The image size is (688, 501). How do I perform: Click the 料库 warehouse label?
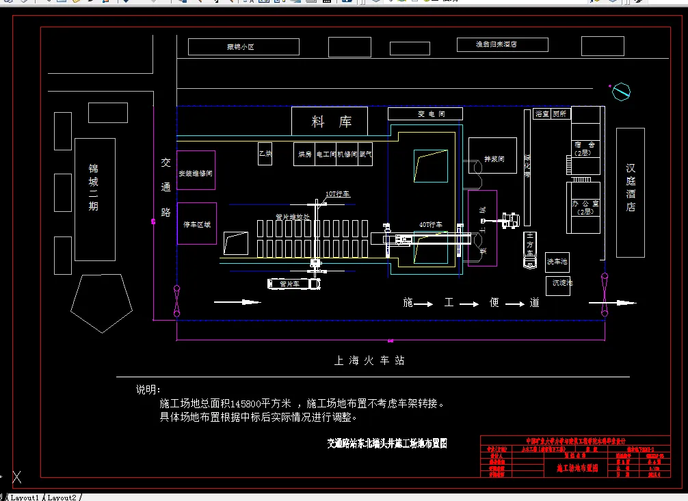pos(331,122)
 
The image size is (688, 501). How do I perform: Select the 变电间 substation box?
pos(425,114)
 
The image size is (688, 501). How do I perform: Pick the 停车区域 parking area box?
pos(197,224)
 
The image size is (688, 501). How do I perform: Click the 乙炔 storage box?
pos(265,154)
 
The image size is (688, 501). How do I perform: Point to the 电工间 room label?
pos(326,154)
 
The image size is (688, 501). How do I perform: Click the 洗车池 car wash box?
pos(557,261)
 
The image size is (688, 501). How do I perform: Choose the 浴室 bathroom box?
pos(542,114)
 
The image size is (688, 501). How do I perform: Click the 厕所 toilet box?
pos(559,114)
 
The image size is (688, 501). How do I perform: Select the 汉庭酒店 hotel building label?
pos(631,188)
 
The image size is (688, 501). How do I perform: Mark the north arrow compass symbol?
pos(621,91)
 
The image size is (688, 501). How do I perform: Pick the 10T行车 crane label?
pos(337,195)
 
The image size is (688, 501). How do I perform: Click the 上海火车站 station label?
pos(369,360)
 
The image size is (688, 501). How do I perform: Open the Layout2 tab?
pos(62,497)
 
